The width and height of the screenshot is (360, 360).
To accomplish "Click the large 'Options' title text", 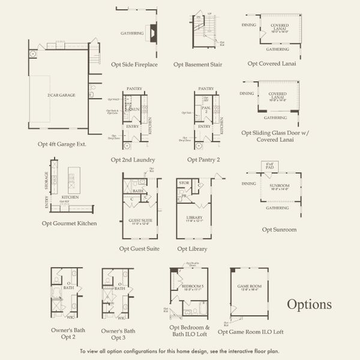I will pos(309,304).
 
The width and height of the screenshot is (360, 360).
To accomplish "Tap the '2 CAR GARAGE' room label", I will pos(61,95).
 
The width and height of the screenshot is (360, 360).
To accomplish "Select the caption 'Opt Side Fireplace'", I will pos(134,64).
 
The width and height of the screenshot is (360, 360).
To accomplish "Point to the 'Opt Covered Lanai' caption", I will pos(272,63).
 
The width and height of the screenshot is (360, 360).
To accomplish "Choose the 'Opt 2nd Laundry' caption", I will pos(133,160).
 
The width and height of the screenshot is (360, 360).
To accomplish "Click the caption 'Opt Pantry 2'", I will pos(203,160).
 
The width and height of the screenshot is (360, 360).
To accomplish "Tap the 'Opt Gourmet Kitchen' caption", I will pos(70,223).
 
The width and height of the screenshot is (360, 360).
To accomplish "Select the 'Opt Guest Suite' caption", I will pos(139,248).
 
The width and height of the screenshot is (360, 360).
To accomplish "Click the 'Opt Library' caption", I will pos(192,248).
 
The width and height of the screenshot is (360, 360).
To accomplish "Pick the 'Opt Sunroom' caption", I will pos(279,229).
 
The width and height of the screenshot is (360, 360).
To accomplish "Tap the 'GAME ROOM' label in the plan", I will pos(248,287).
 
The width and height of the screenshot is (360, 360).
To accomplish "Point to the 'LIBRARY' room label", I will pos(194,217).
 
